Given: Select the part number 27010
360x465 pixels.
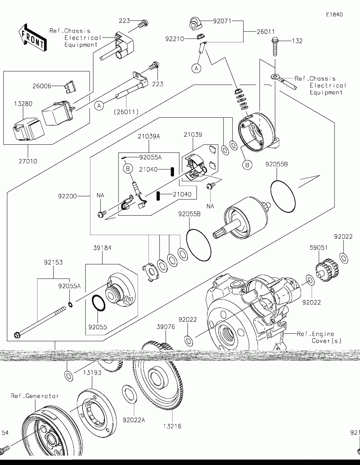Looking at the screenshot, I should tap(28, 162).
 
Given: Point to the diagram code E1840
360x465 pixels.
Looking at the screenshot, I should tap(334, 15).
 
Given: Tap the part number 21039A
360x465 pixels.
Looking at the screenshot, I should tap(148, 136).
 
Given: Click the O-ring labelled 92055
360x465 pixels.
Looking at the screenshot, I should tap(98, 303).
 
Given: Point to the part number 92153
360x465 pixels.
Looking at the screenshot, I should tap(53, 262).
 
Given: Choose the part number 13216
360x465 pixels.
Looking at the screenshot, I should tap(172, 426).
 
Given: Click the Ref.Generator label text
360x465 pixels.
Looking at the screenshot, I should tap(35, 396).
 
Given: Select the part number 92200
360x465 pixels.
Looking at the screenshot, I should tap(67, 196).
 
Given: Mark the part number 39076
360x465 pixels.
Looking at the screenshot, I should tap(166, 327).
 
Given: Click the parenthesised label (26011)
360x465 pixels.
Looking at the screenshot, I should tap(126, 111).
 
